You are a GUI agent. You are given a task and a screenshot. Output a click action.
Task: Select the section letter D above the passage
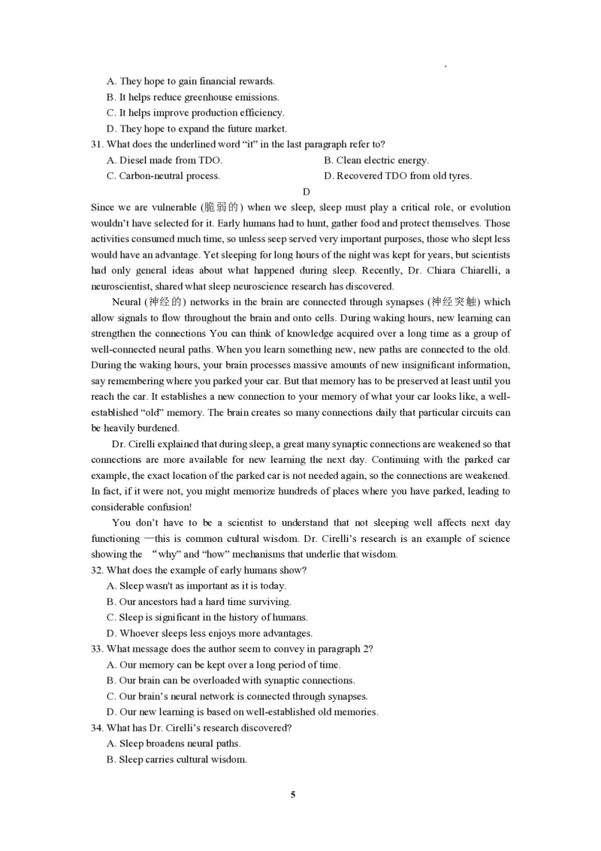tap(306, 192)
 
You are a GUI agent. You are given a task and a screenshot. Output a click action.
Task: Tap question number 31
tap(96, 144)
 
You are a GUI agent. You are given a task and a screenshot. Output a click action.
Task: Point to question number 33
tap(96, 649)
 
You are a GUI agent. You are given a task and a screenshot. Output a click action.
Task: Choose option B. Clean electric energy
tap(376, 160)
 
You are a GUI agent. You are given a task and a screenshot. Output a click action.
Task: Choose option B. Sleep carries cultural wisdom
tap(177, 759)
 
